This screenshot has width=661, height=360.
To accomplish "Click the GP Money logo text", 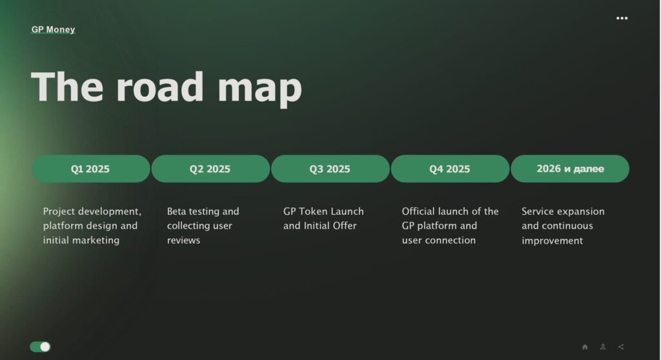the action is tap(53, 30).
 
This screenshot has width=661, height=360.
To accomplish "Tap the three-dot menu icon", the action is tap(622, 18).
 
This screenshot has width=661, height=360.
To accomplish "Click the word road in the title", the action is tap(160, 87).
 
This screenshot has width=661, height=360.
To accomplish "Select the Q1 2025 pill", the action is tap(90, 168).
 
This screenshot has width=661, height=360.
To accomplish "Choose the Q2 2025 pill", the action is tap(210, 168).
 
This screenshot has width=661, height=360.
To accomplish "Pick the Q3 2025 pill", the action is tap(330, 168).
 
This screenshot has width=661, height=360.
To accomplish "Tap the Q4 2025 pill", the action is tap(450, 168).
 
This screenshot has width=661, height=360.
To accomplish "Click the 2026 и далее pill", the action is tap(570, 168).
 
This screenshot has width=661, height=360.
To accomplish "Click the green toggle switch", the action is tap(40, 346).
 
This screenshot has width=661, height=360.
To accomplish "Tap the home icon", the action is tap(585, 347).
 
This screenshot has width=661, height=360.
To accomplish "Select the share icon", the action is tap(621, 347).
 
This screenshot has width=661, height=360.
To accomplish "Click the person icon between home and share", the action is tap(603, 347).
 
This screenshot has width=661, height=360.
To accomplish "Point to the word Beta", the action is tap(176, 211).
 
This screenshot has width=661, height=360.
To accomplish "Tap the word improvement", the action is tap(553, 241).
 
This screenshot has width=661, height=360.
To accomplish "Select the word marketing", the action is tap(99, 240).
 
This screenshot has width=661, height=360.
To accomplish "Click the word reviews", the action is tap(183, 240).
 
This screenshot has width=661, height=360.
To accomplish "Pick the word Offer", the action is tap(345, 226).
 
